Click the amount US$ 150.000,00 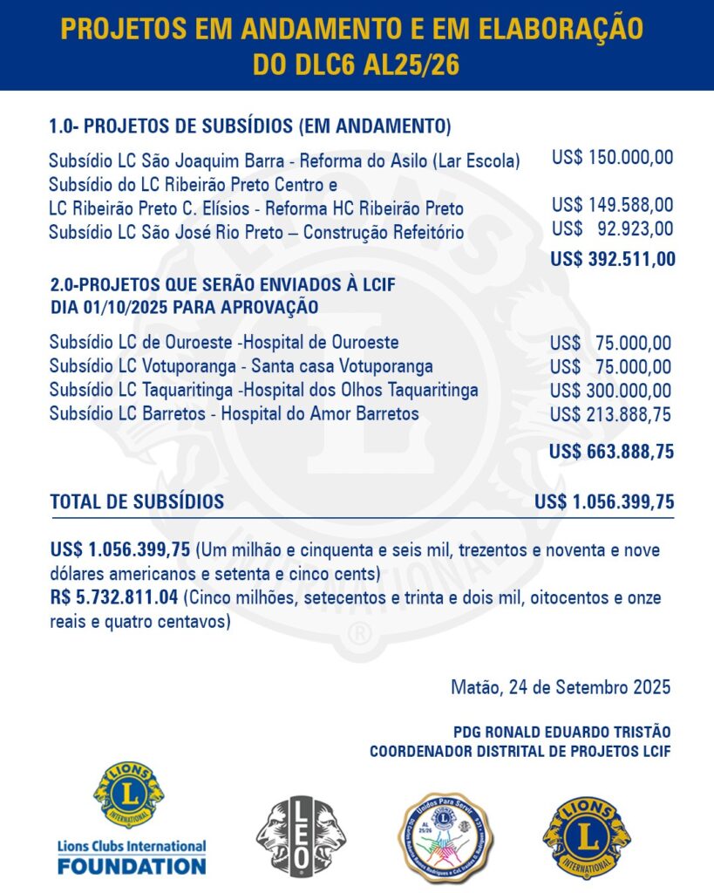612,158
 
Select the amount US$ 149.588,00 612,205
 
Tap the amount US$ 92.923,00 612,229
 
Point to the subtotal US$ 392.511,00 611,259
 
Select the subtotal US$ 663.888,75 611,452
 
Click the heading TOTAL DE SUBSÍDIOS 137,501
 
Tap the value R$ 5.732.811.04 114,597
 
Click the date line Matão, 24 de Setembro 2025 561,686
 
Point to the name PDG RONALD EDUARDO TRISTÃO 561,732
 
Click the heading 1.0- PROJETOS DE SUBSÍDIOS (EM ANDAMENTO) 250,126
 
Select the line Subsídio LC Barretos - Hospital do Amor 234,413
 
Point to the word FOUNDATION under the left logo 132,866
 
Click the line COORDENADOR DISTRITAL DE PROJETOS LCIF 520,752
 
